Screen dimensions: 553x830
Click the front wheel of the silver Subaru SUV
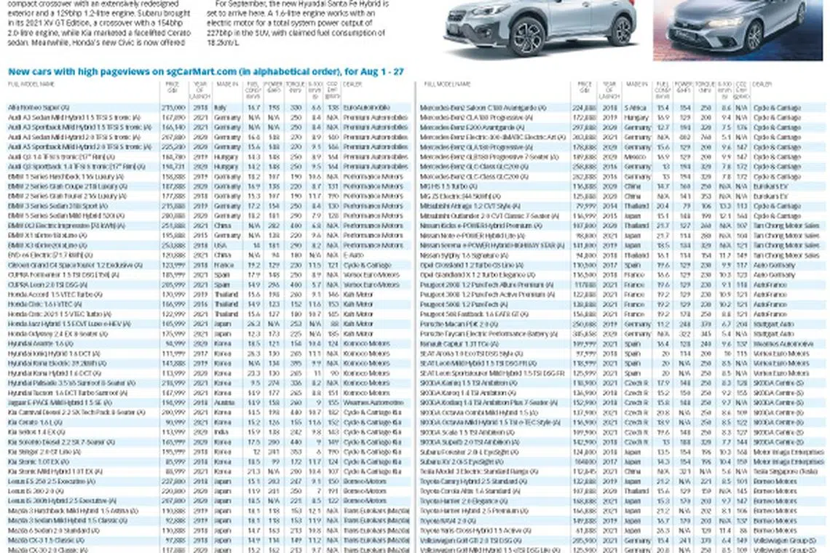(x=529, y=35)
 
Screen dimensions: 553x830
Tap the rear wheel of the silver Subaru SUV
(x=620, y=30)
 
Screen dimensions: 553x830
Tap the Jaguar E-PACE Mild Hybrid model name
(x=55, y=402)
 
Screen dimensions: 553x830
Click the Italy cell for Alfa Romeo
(x=221, y=108)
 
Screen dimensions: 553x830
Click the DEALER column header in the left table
(x=352, y=84)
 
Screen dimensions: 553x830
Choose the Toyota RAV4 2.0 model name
(x=446, y=521)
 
